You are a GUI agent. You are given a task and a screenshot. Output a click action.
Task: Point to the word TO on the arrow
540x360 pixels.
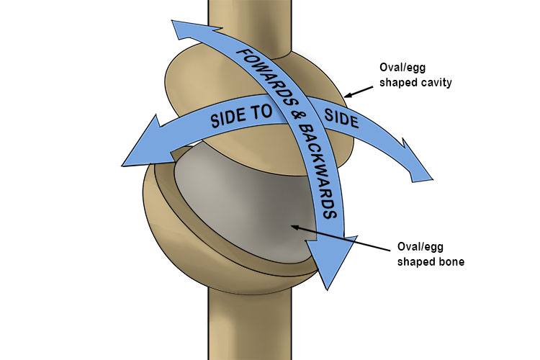262,110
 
